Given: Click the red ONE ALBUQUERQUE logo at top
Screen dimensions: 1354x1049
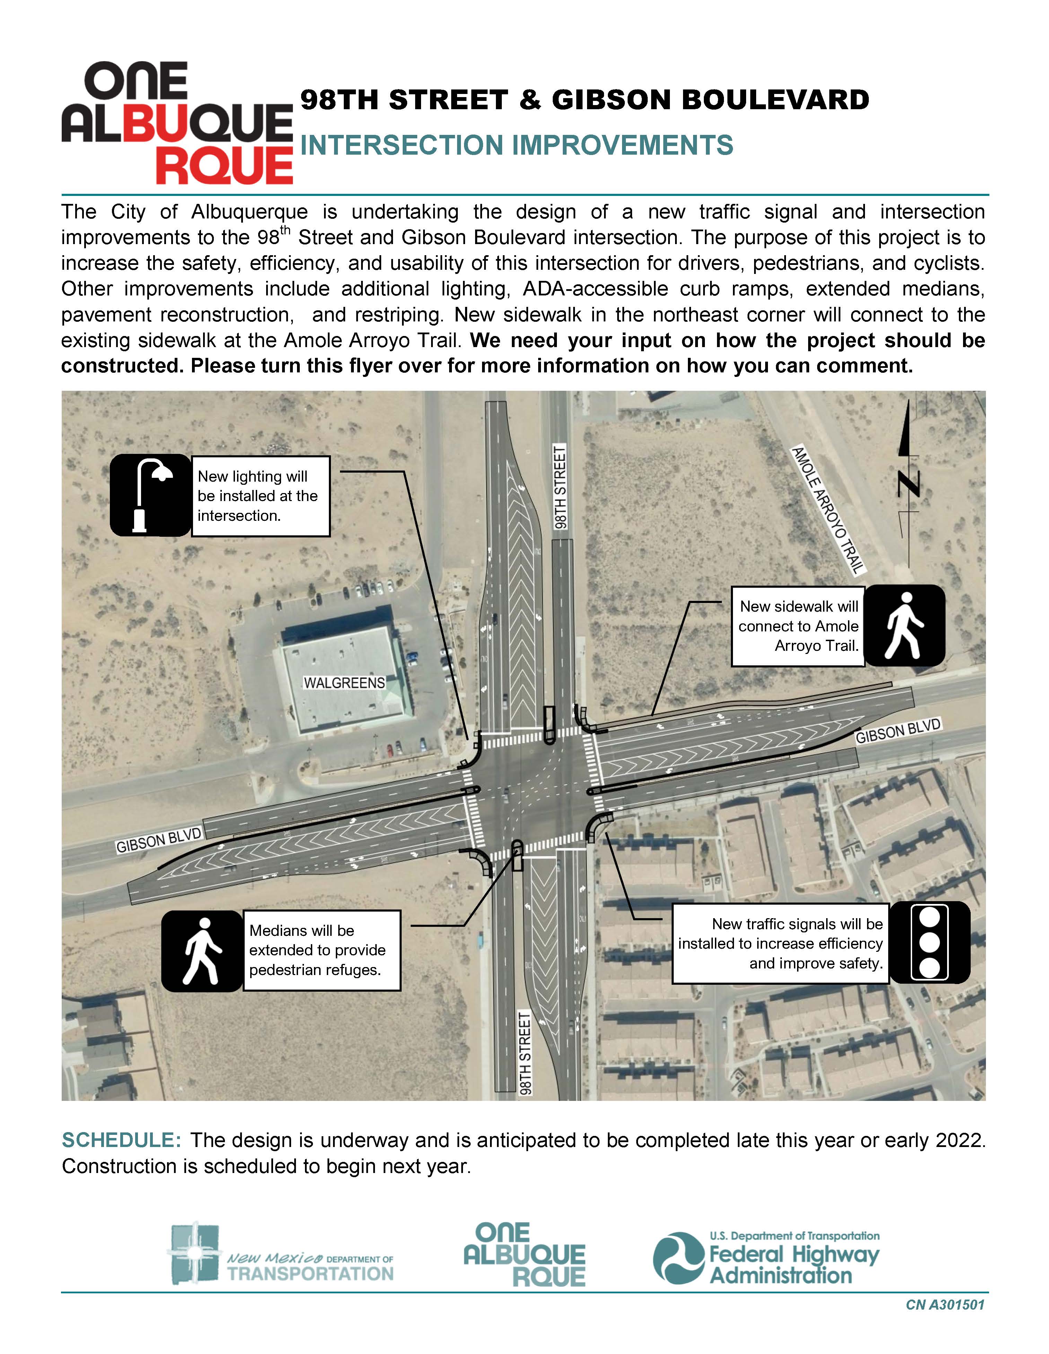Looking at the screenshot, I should tap(177, 123).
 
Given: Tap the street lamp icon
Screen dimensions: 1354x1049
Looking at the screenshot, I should tap(150, 495).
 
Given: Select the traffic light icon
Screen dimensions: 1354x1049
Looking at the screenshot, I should tap(929, 943).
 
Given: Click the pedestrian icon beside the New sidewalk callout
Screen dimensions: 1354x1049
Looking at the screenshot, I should tap(904, 626).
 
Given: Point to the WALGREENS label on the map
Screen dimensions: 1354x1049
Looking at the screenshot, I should tap(344, 683).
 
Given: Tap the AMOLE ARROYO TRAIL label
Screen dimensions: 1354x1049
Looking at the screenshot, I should tap(828, 509).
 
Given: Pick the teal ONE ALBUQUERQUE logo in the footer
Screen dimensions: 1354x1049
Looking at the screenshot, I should tap(524, 1255).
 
